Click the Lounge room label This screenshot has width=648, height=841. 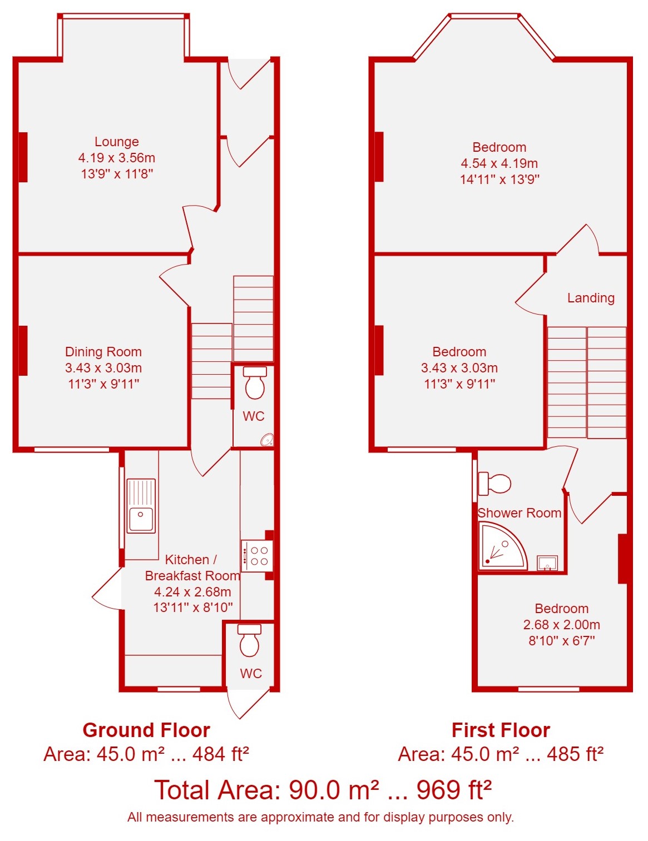(116, 142)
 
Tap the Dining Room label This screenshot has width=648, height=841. (103, 351)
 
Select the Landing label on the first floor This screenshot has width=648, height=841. (591, 297)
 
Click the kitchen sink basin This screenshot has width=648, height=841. (141, 519)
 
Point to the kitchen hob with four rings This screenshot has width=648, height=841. (256, 556)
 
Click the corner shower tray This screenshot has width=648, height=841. (502, 546)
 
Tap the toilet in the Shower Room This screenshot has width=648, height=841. (494, 484)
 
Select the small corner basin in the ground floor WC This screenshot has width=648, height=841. (268, 440)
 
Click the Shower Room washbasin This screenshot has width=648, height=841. (547, 563)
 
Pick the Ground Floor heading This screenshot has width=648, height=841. (146, 730)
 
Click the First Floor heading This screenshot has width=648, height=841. (501, 730)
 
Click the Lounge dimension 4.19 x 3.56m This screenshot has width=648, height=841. (116, 157)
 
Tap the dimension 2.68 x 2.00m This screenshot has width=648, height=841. (561, 624)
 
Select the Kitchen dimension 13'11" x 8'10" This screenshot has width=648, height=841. (193, 607)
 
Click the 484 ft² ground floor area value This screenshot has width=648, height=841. (221, 754)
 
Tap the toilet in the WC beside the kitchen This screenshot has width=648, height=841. (249, 640)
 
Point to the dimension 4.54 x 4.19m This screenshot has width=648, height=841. (499, 163)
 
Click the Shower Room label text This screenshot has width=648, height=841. (519, 513)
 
